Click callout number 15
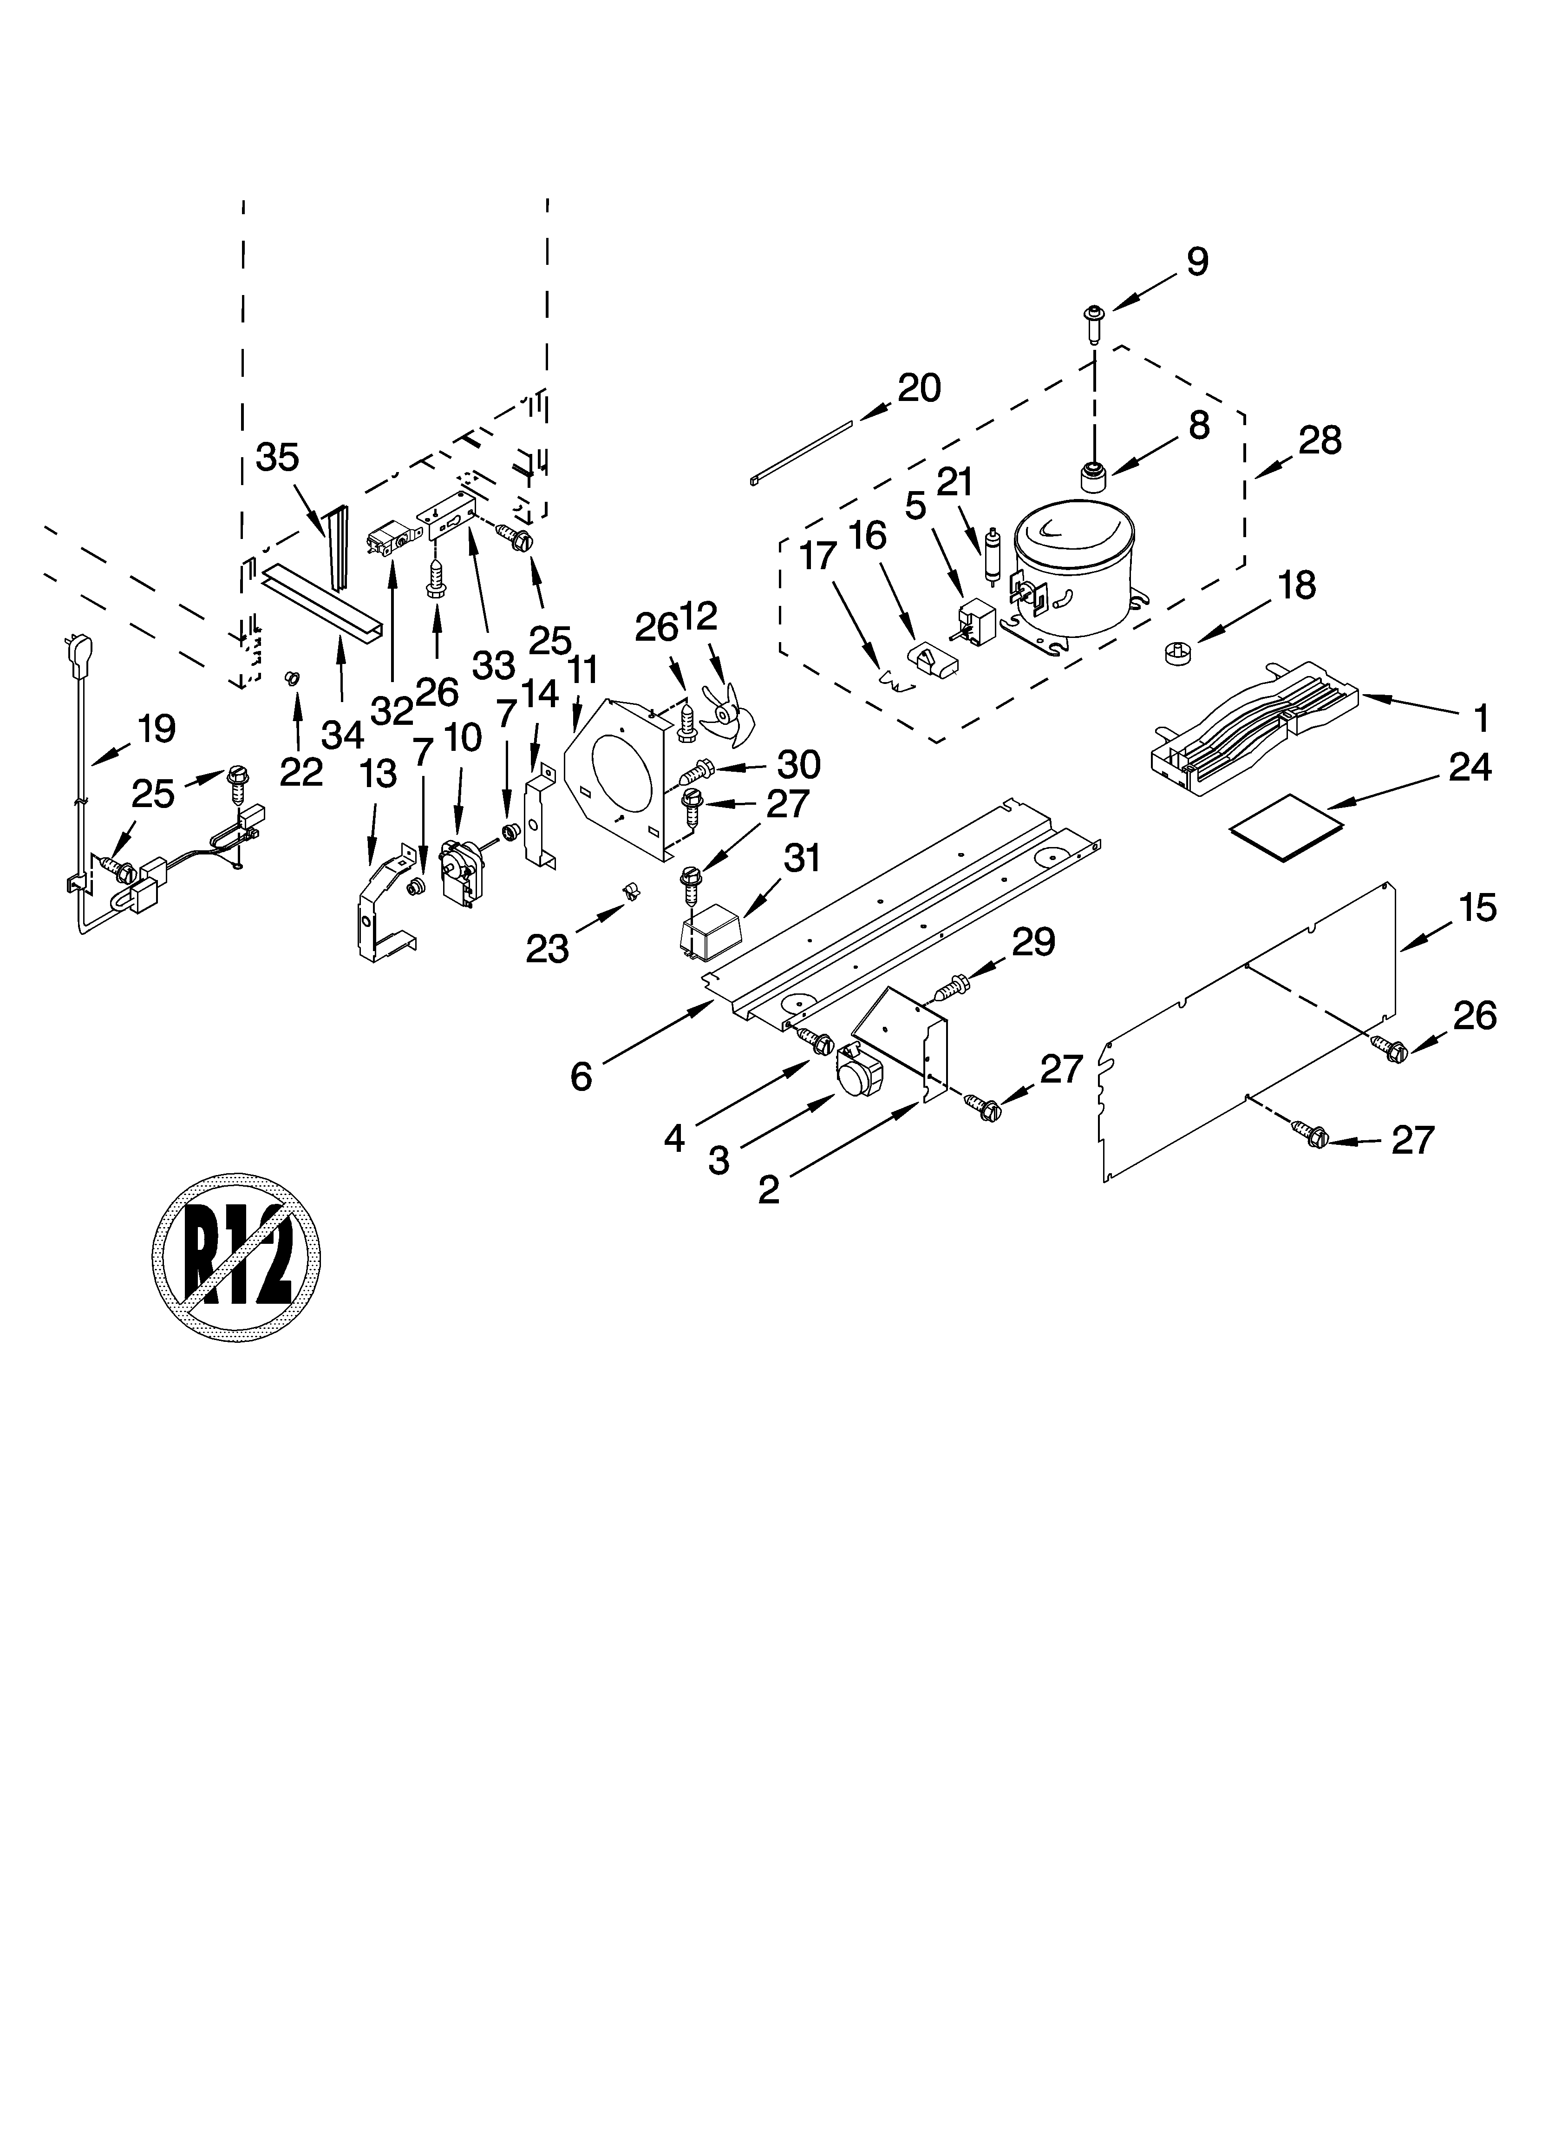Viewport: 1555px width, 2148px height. click(1477, 907)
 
